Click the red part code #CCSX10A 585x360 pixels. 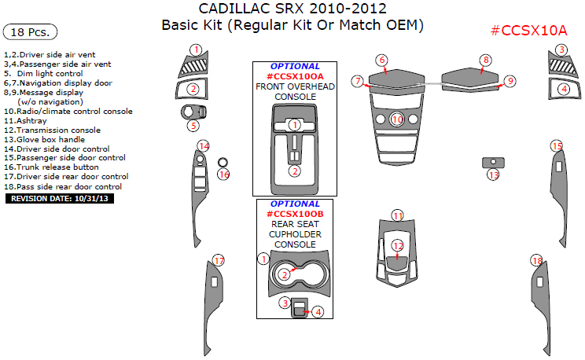click(528, 31)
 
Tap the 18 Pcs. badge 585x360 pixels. click(31, 32)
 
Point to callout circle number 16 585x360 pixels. click(223, 174)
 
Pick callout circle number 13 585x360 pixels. click(494, 174)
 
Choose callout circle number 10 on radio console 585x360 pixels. click(397, 119)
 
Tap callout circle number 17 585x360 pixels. click(219, 261)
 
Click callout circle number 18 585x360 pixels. click(537, 261)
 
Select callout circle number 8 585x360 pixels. click(486, 60)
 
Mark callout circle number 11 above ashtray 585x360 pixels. click(398, 215)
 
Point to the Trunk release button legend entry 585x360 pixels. click(52, 167)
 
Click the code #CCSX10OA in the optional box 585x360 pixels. click(295, 75)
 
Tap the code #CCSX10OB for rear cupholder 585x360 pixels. click(295, 214)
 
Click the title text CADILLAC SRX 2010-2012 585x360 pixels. click(292, 9)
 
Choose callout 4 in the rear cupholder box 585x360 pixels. click(318, 312)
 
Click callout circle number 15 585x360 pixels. click(557, 146)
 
